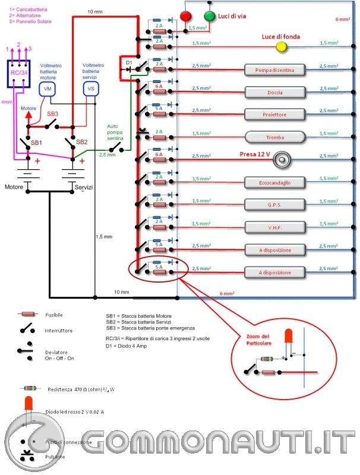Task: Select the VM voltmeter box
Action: coord(47,89)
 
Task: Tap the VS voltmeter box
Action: coord(91,89)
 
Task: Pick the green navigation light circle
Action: coord(210,16)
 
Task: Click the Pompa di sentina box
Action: coord(274,70)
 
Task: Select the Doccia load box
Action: coord(274,92)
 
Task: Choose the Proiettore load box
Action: coord(274,115)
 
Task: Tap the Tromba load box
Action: coord(274,137)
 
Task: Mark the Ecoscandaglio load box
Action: coord(274,182)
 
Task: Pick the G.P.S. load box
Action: coord(274,205)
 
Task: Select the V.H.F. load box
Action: coord(274,227)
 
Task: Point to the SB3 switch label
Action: coord(53,113)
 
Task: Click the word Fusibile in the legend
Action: coord(54,315)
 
